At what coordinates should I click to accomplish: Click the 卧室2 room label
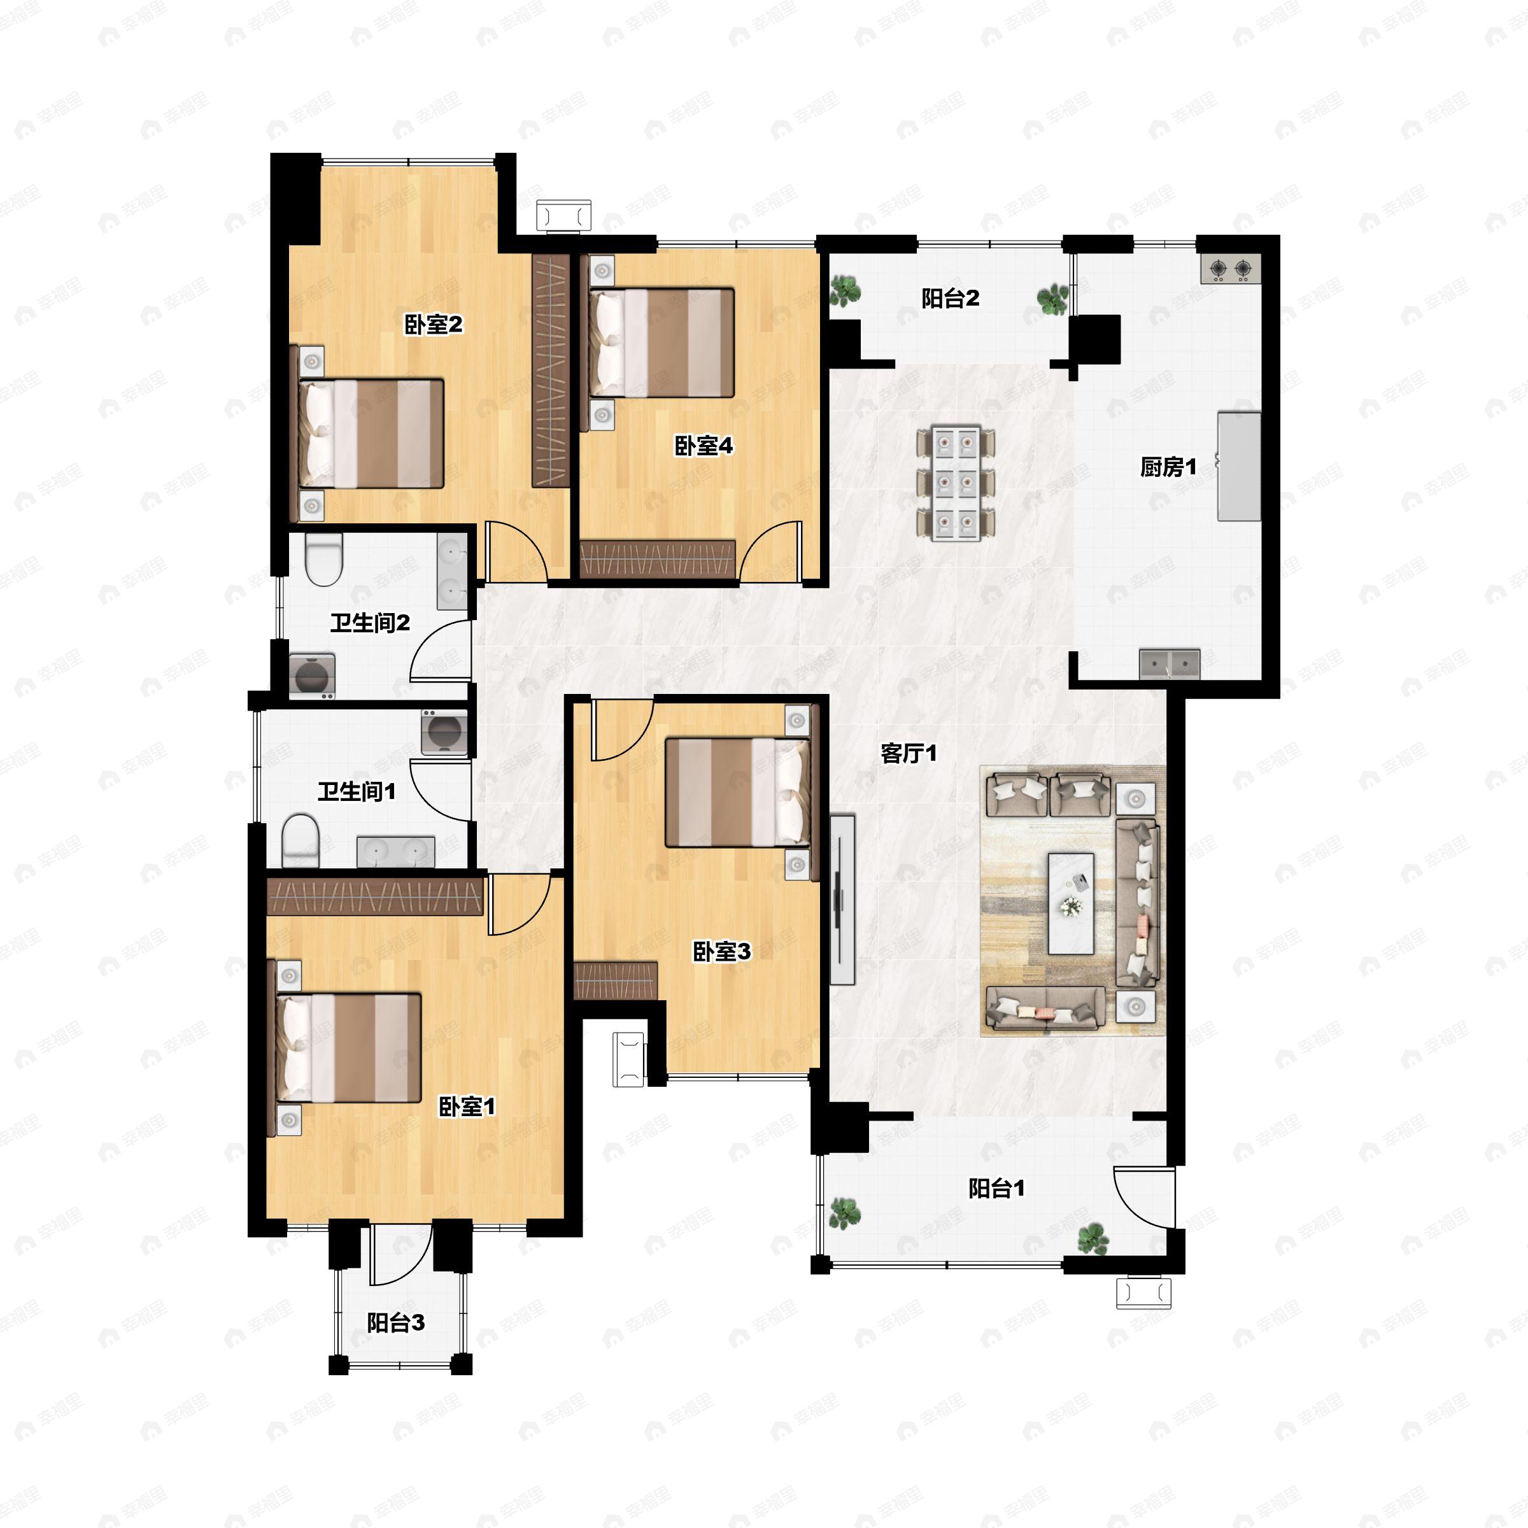pyautogui.click(x=434, y=324)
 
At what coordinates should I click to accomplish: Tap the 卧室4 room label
pyautogui.click(x=703, y=446)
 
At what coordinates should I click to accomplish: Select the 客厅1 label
pyautogui.click(x=909, y=753)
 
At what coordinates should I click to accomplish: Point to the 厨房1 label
pyautogui.click(x=1168, y=467)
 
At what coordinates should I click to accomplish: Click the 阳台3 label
pyautogui.click(x=396, y=1322)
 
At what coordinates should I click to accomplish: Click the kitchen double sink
pyautogui.click(x=1170, y=663)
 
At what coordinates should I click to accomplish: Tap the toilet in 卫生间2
pyautogui.click(x=323, y=559)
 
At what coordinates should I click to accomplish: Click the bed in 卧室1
pyautogui.click(x=348, y=1048)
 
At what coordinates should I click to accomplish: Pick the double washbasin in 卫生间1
pyautogui.click(x=395, y=852)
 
